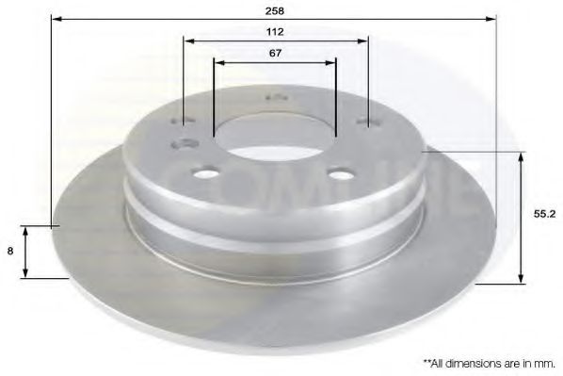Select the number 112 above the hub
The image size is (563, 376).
275,31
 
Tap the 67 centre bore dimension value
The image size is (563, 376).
275,54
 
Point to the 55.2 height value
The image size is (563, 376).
542,214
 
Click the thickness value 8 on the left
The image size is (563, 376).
9,252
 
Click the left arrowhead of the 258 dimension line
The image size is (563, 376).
55,18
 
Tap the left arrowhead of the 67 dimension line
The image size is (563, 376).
218,63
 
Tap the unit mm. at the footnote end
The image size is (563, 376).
545,361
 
